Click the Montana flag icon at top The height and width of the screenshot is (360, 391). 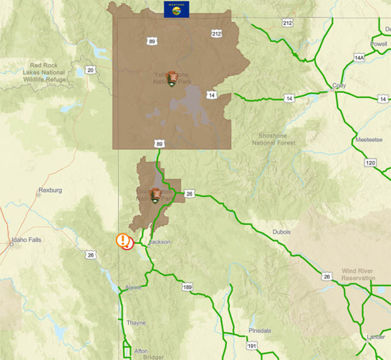pos(176,9)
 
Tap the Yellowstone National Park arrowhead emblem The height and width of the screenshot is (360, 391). pos(172,78)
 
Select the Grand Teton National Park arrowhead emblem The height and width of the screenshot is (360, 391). pos(156,194)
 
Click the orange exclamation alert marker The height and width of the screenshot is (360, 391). pos(123,241)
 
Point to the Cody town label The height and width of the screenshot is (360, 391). pos(339,86)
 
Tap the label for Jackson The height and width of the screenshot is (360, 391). pos(160,242)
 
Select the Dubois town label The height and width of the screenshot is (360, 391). pos(280,232)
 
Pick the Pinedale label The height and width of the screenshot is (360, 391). pos(260,331)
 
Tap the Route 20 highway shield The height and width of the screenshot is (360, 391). pos(91,70)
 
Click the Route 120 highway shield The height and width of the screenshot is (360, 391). pos(370,163)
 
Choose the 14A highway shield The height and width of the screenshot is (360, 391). pos(359,58)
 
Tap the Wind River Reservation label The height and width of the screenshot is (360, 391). pos(358,274)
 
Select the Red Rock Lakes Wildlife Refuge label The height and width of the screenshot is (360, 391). pos(47,73)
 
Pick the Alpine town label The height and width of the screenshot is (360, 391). pos(133,288)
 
